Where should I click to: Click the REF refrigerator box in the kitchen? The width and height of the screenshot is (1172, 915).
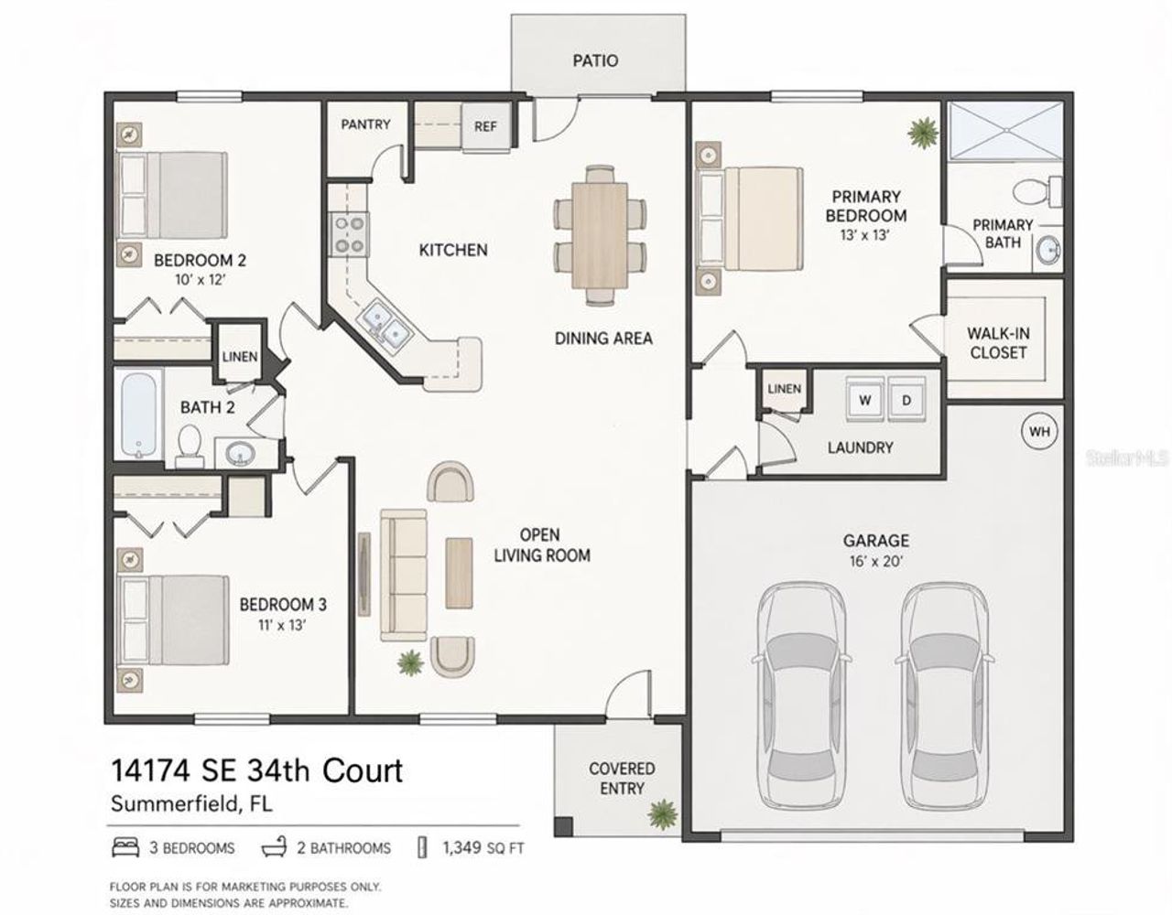[x=485, y=125]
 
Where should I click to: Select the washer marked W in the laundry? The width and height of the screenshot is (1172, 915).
[x=863, y=400]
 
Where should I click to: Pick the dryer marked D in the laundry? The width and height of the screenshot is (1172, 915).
[x=906, y=400]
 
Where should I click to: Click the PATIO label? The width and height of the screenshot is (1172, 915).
[x=595, y=60]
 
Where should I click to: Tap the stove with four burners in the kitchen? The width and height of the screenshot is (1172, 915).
[x=350, y=232]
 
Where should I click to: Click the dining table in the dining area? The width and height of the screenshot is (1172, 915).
[x=600, y=225]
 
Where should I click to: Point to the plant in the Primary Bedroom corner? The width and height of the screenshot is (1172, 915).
[x=922, y=134]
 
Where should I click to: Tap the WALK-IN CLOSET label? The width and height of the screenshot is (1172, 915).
[x=997, y=343]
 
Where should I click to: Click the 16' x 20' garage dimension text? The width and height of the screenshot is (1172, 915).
[x=875, y=561]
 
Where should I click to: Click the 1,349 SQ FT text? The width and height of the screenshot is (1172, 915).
[x=483, y=848]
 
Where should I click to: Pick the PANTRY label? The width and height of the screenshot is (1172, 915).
[x=365, y=124]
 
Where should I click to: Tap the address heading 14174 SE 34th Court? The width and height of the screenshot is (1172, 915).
[x=256, y=770]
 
